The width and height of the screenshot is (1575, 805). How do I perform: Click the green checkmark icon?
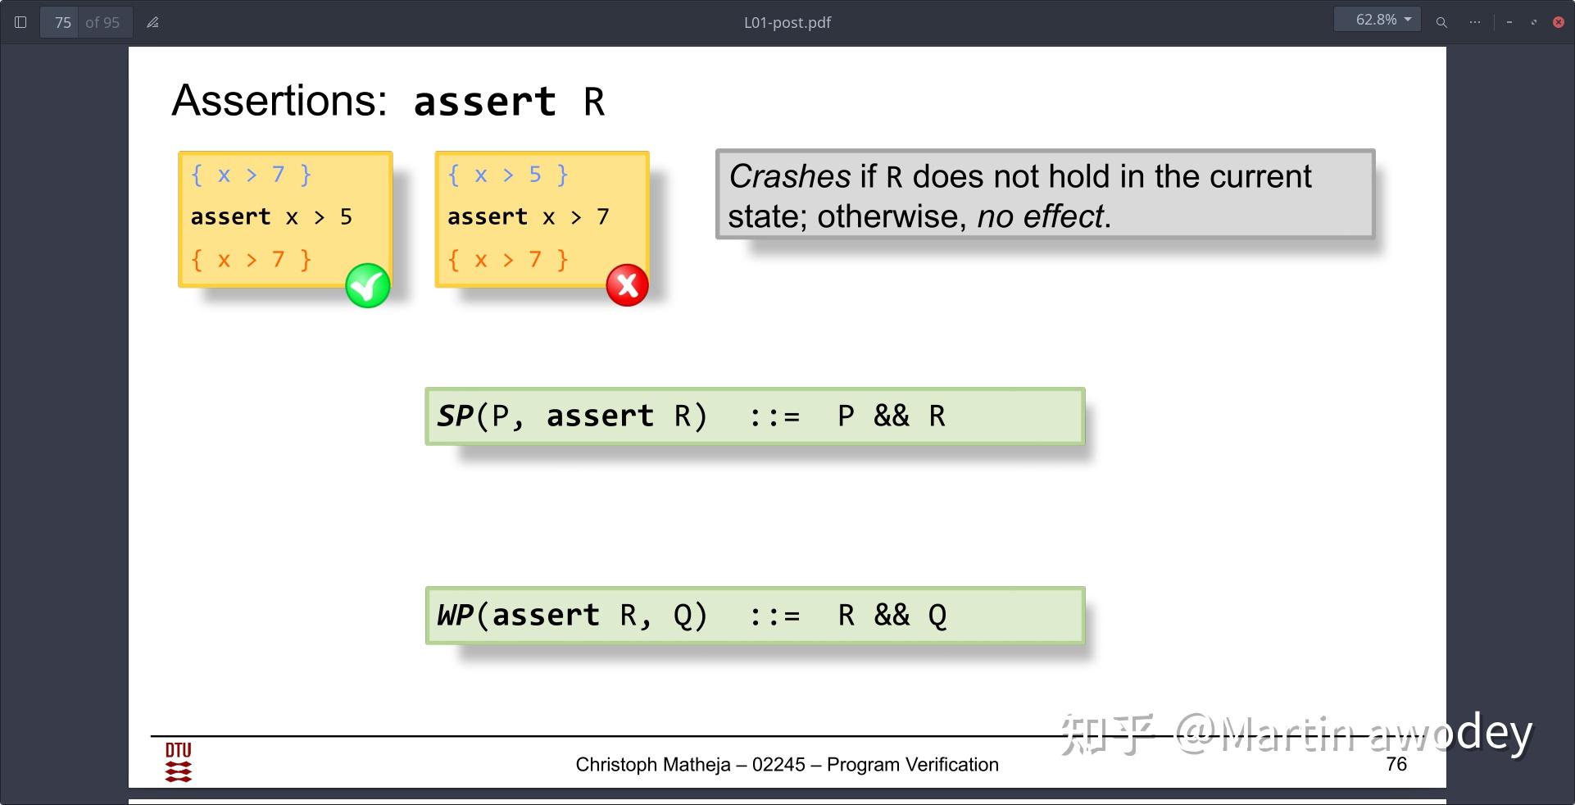click(368, 285)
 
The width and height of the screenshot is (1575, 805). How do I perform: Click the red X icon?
click(627, 285)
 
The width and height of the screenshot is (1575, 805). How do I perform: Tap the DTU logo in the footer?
click(179, 762)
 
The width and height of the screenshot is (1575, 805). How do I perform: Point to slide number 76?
click(1396, 764)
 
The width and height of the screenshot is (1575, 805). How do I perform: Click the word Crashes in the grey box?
click(790, 176)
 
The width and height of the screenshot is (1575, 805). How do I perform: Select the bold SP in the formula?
click(455, 416)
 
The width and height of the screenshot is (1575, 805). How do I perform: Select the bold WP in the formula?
click(456, 615)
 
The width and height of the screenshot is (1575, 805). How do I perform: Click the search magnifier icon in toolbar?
click(1441, 22)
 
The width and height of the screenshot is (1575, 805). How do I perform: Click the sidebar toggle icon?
click(21, 22)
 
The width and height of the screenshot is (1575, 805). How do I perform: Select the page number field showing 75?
click(63, 22)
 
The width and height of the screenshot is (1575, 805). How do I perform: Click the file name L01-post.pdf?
click(787, 22)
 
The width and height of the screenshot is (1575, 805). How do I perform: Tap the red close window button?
click(1559, 22)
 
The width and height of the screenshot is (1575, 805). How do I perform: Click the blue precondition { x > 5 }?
click(507, 175)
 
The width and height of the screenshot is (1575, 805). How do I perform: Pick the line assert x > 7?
click(529, 216)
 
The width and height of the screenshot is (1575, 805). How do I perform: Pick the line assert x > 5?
click(271, 216)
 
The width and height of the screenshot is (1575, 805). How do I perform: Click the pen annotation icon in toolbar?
click(152, 22)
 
